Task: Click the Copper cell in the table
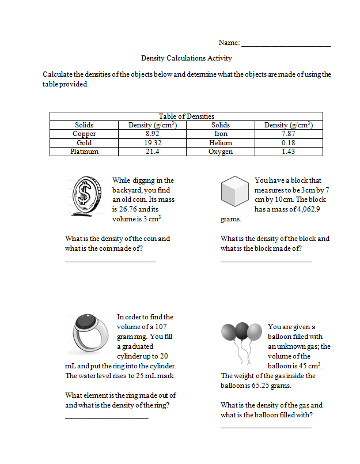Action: click(x=84, y=134)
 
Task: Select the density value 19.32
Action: click(x=152, y=142)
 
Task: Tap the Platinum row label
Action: click(x=84, y=152)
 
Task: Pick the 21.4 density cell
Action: click(x=152, y=152)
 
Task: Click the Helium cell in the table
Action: click(x=221, y=142)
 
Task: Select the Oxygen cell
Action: click(x=221, y=152)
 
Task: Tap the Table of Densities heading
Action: click(x=186, y=116)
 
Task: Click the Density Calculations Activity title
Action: click(x=186, y=58)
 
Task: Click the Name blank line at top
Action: click(x=286, y=44)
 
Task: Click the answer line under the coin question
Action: click(x=110, y=262)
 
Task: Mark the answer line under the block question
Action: click(x=266, y=262)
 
